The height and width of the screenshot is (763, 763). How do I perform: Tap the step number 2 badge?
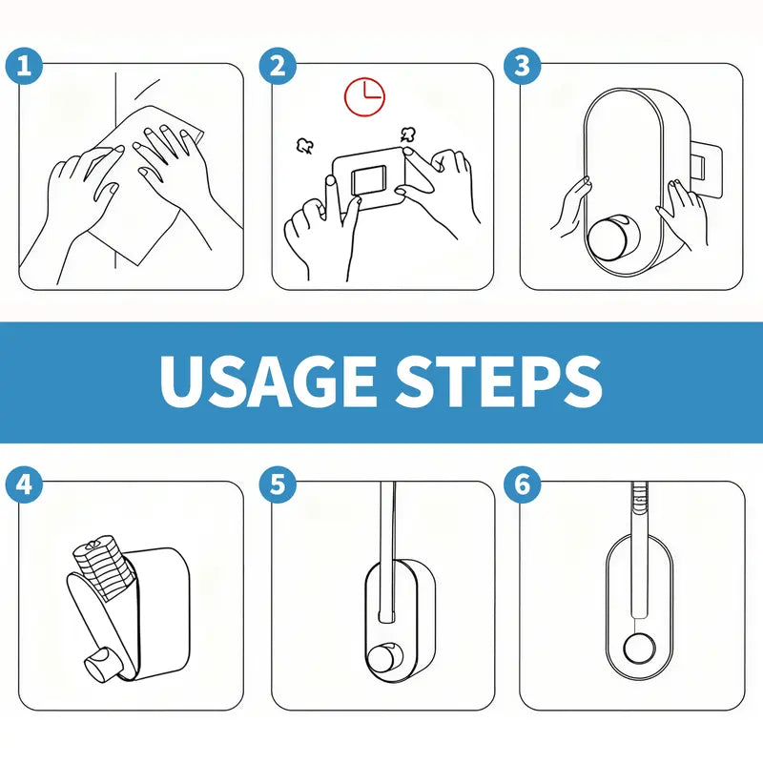[x=278, y=67]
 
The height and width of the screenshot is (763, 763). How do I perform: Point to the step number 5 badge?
[x=278, y=485]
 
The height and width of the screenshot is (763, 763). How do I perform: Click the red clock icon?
[x=363, y=95]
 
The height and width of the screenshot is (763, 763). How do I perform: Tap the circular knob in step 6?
[x=637, y=650]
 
